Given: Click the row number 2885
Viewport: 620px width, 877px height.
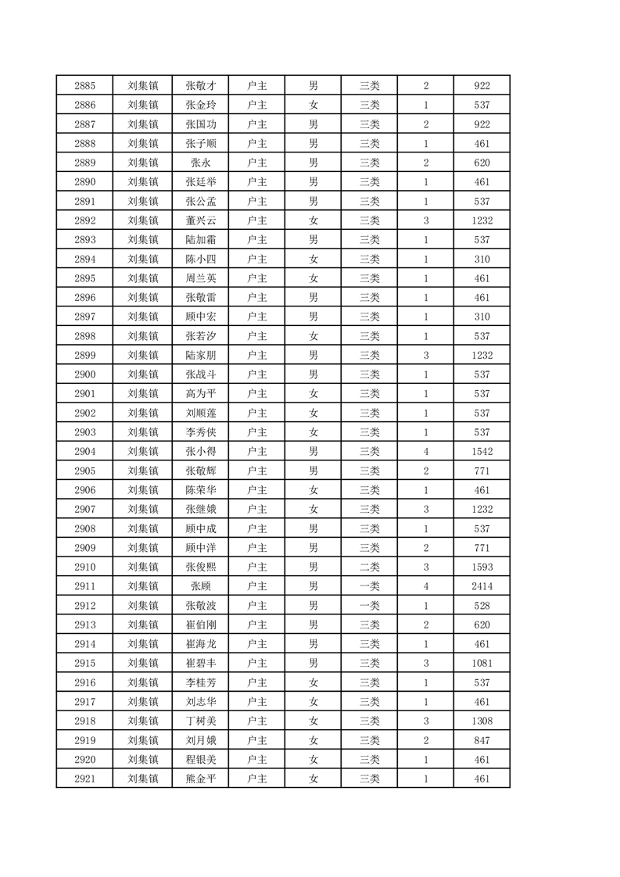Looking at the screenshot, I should point(84,86).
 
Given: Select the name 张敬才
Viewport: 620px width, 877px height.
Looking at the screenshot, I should point(200,86).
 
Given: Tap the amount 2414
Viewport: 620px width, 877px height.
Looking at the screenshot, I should point(482,586).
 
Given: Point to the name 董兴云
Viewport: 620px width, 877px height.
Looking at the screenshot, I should point(200,220).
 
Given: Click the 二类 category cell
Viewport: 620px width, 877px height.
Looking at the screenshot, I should point(369,567).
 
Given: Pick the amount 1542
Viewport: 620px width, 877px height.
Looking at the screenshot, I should point(482,452).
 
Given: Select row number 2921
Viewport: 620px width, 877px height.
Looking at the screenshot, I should point(84,779).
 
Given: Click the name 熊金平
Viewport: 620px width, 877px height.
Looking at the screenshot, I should point(200,779).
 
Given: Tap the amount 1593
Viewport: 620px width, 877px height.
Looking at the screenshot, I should point(482,567).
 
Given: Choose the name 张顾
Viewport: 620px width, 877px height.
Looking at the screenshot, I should point(200,586).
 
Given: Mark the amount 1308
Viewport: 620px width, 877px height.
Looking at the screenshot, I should point(482,721).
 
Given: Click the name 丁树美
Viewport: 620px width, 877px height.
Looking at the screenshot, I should point(200,721).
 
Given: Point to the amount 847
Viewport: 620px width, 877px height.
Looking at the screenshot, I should point(482,740).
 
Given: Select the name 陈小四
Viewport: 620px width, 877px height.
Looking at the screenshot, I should point(200,260).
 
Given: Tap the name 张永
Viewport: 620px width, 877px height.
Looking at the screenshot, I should point(200,163).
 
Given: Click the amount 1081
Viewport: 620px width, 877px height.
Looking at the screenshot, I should point(482,663).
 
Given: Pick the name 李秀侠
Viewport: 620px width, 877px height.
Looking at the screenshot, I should point(200,432).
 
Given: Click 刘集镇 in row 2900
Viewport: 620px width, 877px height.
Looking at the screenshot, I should point(142,374).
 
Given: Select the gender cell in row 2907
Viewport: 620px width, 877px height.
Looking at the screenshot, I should point(313,510).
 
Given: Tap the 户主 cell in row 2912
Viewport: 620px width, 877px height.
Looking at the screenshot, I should point(256,606).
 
